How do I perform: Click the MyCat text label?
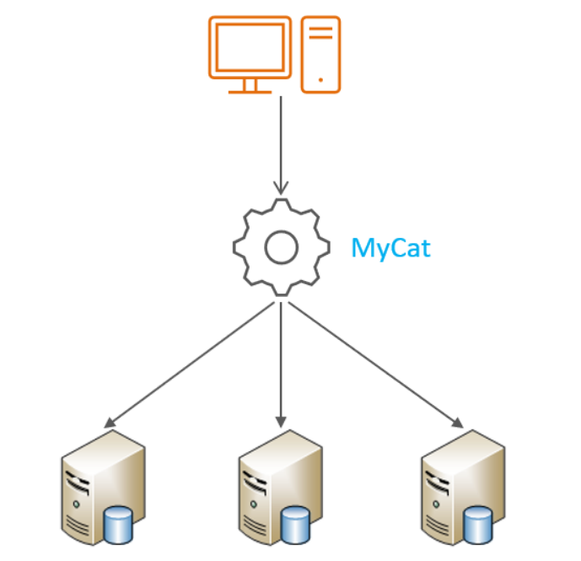(390, 248)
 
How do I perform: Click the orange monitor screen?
(250, 48)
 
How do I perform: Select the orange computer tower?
(320, 53)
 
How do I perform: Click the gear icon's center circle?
(281, 247)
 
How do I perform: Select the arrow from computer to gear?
(281, 143)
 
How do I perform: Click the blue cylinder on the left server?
(117, 525)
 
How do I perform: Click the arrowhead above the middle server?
(281, 419)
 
